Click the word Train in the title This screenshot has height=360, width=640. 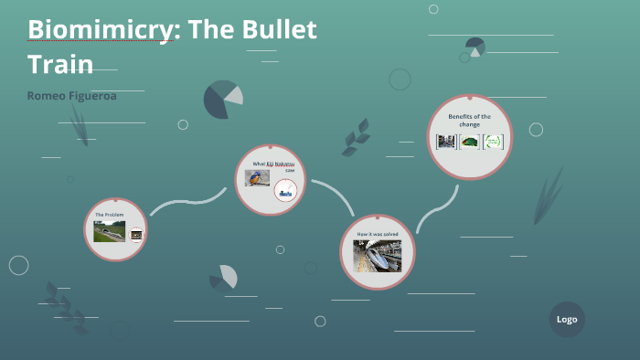coord(60,64)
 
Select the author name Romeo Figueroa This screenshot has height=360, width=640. coord(71,96)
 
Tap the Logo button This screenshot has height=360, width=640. coord(567,320)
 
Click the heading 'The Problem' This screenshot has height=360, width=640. coord(109,215)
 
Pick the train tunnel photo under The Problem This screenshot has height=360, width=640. coord(109,232)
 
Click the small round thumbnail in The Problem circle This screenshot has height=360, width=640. coord(136,234)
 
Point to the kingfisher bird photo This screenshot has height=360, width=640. coord(257,178)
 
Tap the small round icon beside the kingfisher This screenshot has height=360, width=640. coord(286,190)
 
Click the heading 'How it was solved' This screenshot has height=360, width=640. coord(378,234)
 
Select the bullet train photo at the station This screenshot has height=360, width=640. coord(378,256)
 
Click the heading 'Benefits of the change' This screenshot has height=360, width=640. coord(469,121)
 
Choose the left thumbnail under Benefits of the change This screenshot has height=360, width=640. coord(446,142)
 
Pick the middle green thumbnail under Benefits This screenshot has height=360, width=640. coord(469,142)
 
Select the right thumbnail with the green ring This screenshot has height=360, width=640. coord(493,142)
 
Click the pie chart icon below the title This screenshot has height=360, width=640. coord(222,100)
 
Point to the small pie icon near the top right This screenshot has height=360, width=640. coord(475,47)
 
